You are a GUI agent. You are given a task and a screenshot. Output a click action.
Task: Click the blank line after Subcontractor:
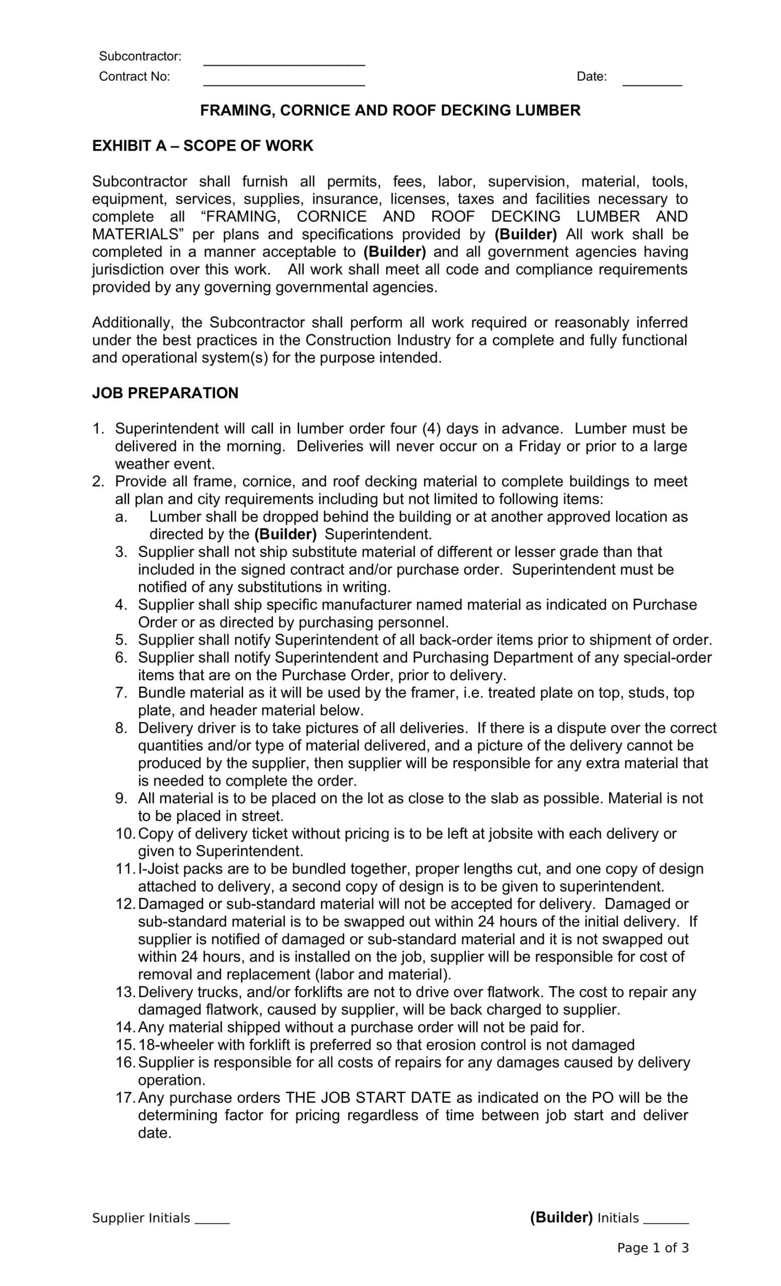tap(283, 62)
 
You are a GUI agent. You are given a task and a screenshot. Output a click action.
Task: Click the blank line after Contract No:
tap(283, 81)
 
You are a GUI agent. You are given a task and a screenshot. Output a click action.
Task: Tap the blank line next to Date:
tap(652, 81)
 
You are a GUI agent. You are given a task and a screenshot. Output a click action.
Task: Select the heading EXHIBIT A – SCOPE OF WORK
tap(203, 146)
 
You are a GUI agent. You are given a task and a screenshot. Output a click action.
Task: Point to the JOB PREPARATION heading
tap(165, 393)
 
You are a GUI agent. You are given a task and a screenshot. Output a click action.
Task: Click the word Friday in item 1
tap(539, 446)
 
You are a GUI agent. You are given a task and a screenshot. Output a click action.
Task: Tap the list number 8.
tap(122, 728)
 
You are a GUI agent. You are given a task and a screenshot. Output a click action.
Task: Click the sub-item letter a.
tap(121, 517)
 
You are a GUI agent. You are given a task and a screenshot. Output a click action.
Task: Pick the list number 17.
tap(125, 1098)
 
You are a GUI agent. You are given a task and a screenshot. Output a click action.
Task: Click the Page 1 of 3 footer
tap(652, 1248)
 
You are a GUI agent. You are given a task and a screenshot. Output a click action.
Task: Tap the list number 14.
tap(125, 1027)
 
